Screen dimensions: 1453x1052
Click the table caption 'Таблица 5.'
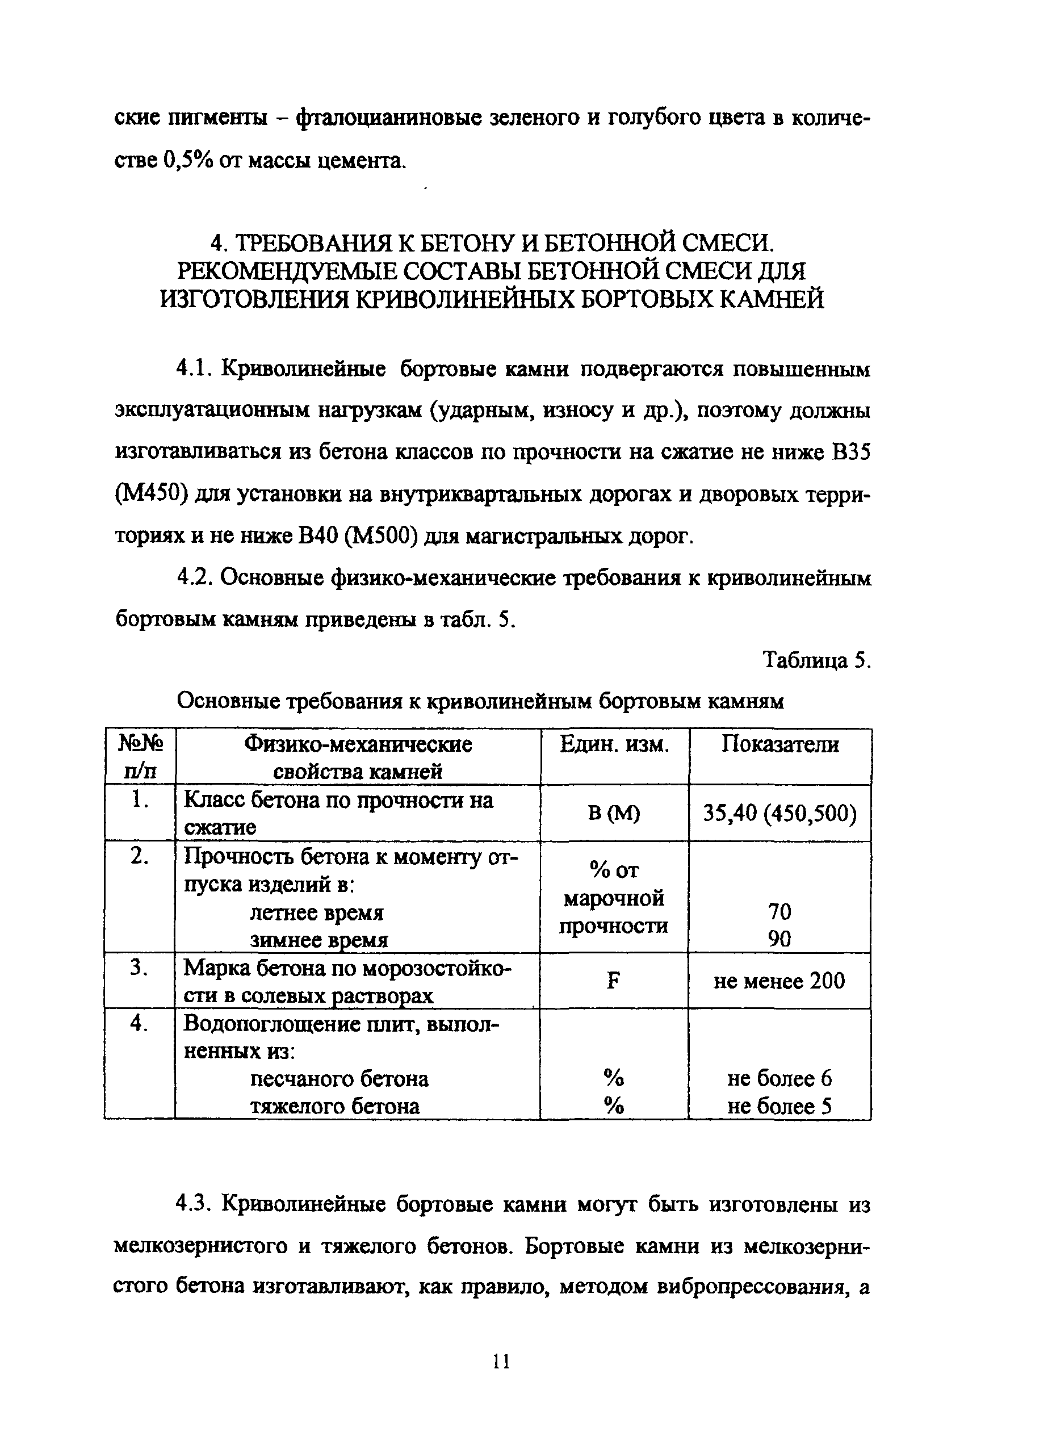click(x=817, y=660)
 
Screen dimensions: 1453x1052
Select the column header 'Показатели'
click(x=779, y=744)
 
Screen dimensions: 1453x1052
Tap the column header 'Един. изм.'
click(x=614, y=744)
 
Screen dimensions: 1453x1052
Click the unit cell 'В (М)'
click(x=614, y=813)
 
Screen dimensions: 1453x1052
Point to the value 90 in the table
click(x=779, y=939)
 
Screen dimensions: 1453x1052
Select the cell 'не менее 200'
click(x=779, y=981)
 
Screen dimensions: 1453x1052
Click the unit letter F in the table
click(x=614, y=981)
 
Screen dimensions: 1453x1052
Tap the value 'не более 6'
click(x=779, y=1079)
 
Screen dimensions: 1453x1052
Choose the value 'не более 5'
click(x=779, y=1107)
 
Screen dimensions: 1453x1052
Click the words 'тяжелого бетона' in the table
click(x=334, y=1107)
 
